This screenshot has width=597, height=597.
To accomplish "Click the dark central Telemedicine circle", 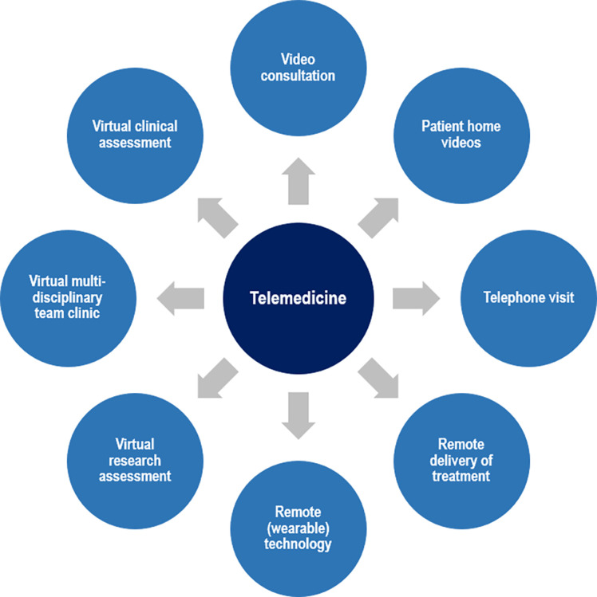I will point(298,298).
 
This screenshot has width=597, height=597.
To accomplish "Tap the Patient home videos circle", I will point(461,134).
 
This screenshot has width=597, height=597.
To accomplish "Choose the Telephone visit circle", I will point(529,298).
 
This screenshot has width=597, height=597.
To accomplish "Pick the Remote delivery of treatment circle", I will point(461,461).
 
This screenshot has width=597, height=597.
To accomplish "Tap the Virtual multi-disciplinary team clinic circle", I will point(68,298).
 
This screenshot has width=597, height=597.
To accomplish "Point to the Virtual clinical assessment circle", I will point(134,134).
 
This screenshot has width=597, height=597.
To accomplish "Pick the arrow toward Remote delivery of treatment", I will point(378,379).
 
